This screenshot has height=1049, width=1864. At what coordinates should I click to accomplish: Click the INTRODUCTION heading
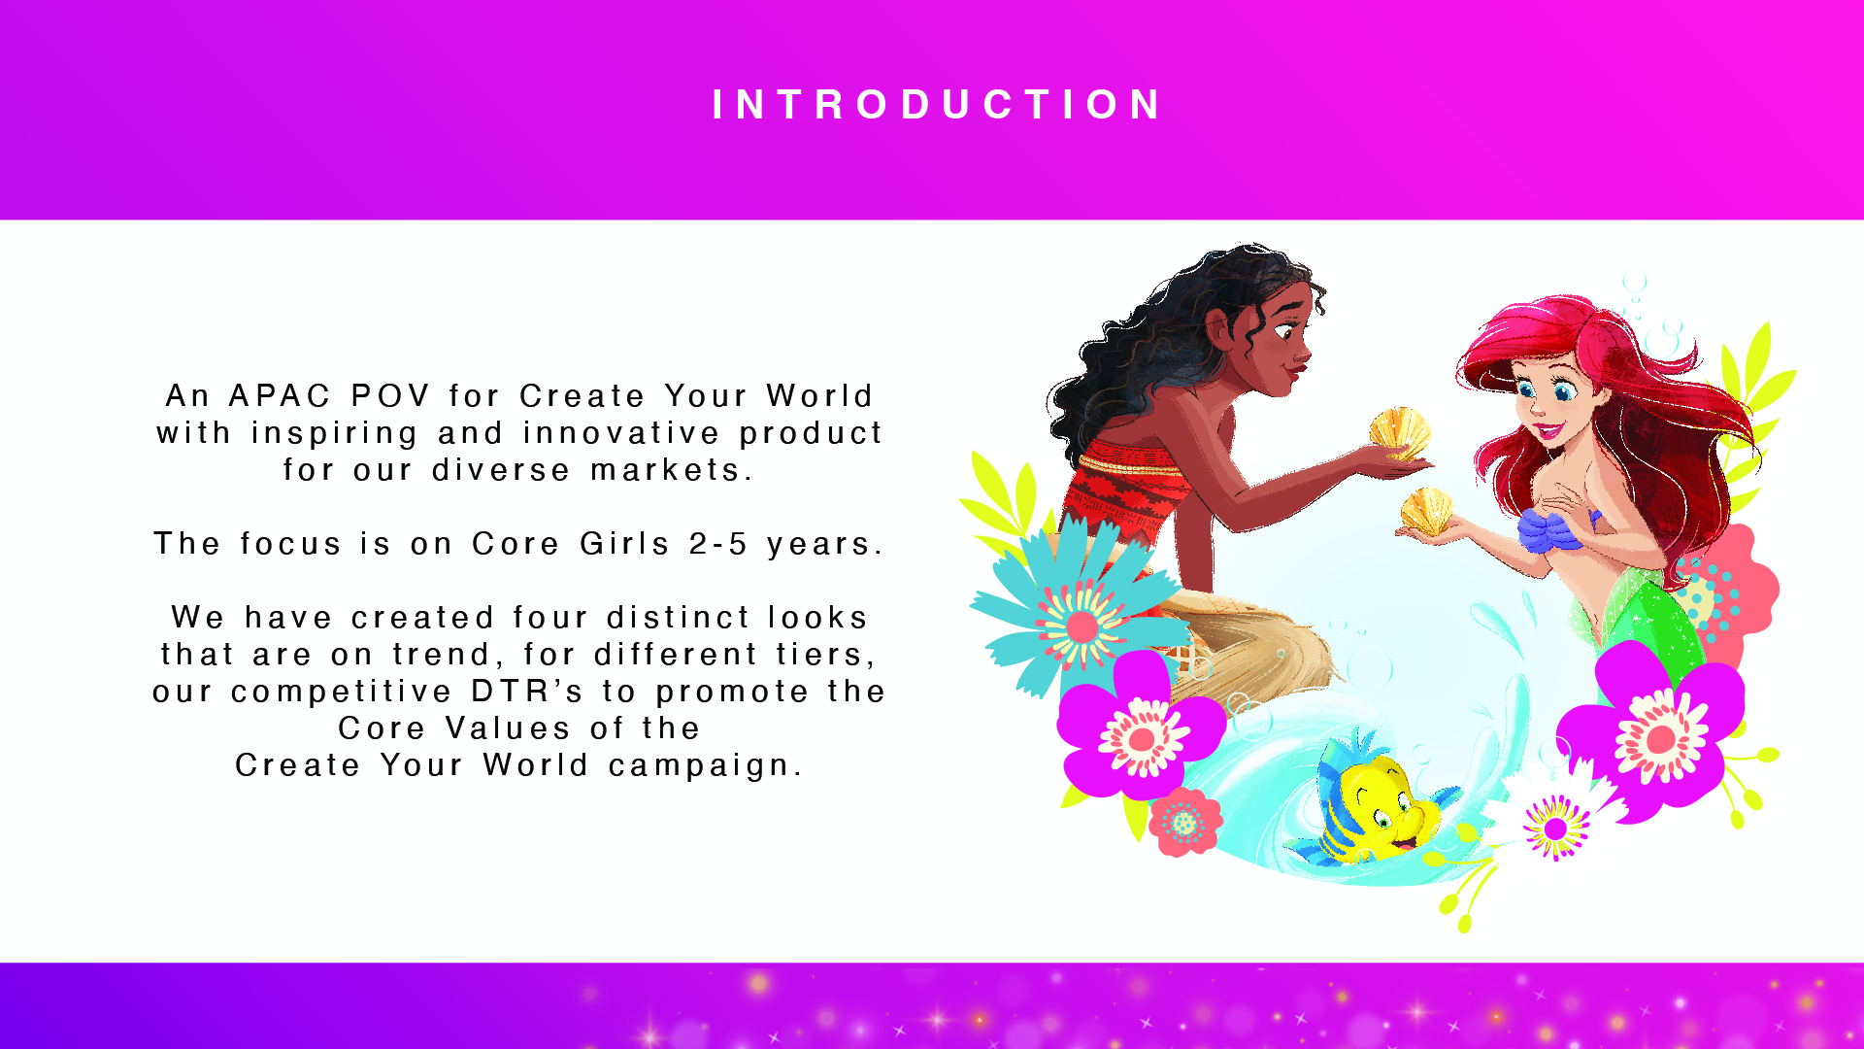tap(937, 105)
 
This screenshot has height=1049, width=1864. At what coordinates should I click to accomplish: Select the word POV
tap(391, 396)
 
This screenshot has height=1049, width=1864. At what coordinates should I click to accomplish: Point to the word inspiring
tap(335, 434)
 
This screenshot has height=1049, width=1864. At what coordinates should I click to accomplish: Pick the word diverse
tap(501, 470)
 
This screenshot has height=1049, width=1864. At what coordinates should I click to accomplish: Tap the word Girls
tap(625, 544)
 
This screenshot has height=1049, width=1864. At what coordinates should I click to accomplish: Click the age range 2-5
tap(718, 544)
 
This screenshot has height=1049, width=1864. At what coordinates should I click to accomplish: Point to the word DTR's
tap(527, 692)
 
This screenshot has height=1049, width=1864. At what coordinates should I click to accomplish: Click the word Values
tap(508, 728)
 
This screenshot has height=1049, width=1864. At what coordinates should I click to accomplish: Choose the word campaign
tap(706, 766)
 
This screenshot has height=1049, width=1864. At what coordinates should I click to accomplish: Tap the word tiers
tap(826, 656)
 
